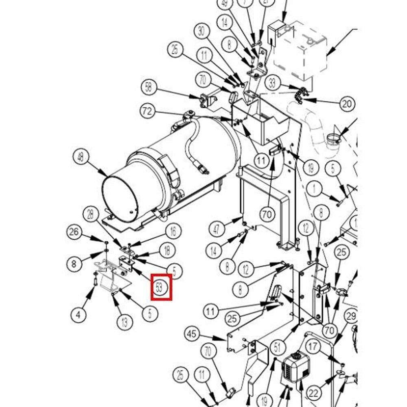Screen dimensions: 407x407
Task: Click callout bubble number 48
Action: pos(81,157)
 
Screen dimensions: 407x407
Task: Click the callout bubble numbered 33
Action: pos(272,83)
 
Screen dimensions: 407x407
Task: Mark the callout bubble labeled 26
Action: pos(73,232)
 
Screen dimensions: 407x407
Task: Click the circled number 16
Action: pos(173,232)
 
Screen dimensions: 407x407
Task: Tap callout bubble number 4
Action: pos(78,314)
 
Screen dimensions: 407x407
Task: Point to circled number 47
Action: pos(216,229)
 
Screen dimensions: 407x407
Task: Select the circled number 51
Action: pos(278,348)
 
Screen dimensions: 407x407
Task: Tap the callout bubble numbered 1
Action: pos(314,188)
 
